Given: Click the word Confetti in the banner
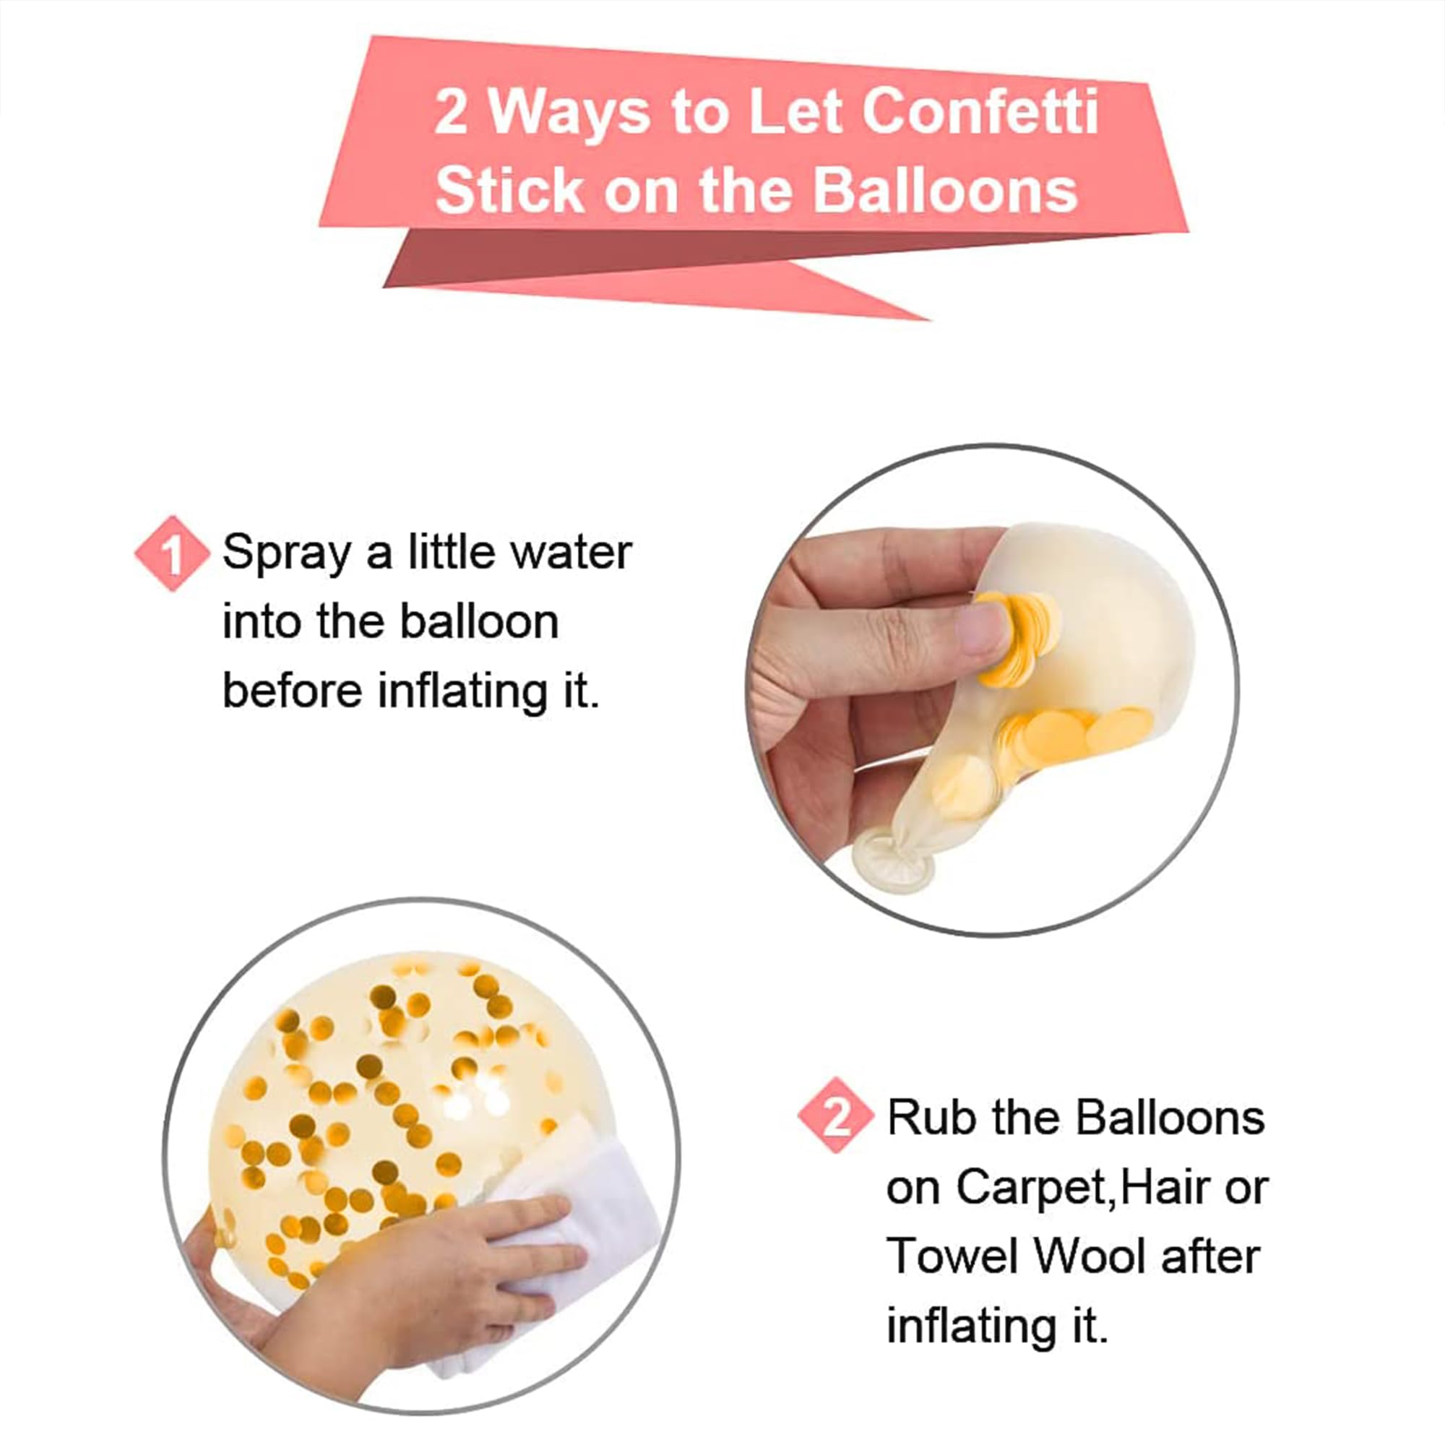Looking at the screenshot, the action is (980, 112).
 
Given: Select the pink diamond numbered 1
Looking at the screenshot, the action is (172, 553).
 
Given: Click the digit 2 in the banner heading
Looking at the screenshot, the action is (451, 113).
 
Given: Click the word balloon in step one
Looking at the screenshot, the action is (480, 621).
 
